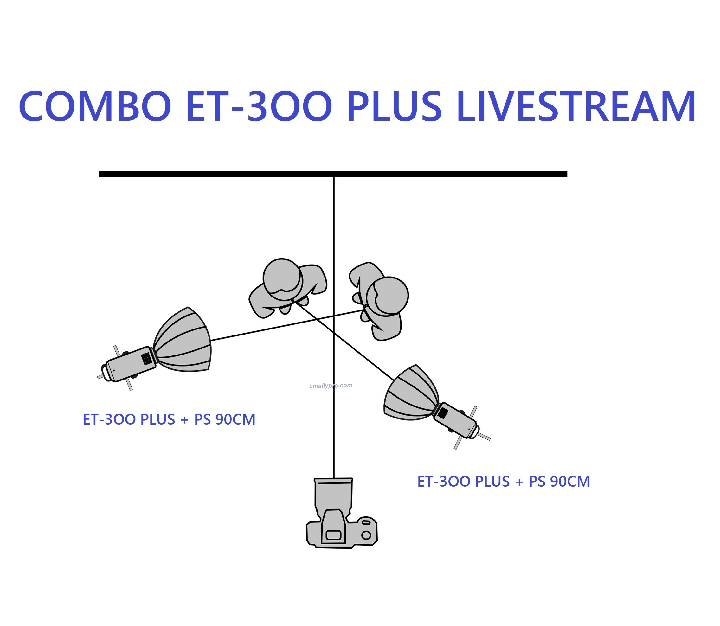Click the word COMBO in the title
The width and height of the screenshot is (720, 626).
pos(95,106)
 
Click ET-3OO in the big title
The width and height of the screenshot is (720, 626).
pos(259,106)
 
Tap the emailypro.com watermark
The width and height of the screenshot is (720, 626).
pos(331,386)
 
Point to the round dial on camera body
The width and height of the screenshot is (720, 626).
pos(366,535)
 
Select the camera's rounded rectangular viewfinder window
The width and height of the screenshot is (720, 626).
pos(333,535)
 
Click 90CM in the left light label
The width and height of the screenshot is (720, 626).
pos(235,419)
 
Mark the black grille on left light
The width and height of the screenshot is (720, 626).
pos(146,359)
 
